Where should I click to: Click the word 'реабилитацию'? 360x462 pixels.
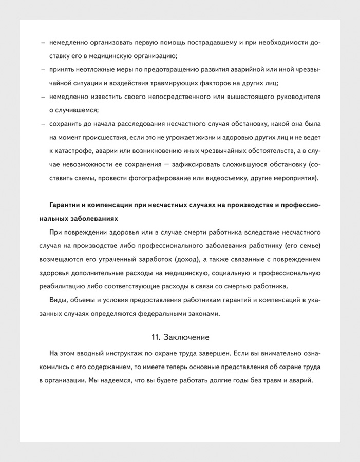[63, 286]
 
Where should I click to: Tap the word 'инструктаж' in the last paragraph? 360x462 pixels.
[127, 354]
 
